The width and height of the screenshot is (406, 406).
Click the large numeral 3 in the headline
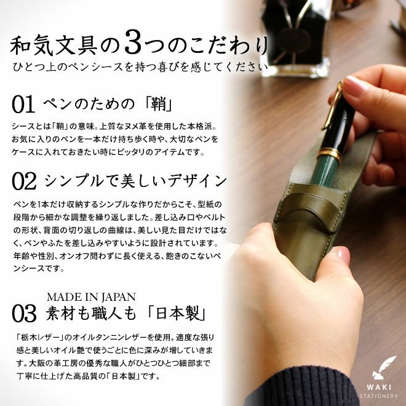(x=133, y=42)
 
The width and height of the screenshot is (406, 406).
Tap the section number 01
(x=23, y=104)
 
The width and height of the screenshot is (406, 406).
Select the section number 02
(x=24, y=181)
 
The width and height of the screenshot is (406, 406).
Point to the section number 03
(x=24, y=313)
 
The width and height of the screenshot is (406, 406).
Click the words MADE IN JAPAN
(x=91, y=297)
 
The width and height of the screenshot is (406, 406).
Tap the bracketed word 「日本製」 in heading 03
(x=177, y=313)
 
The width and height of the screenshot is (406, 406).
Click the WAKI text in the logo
(x=379, y=388)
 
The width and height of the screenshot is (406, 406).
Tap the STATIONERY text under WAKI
(x=378, y=396)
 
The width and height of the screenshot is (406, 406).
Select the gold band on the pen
(x=329, y=153)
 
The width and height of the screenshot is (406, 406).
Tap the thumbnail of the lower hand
(x=343, y=255)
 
